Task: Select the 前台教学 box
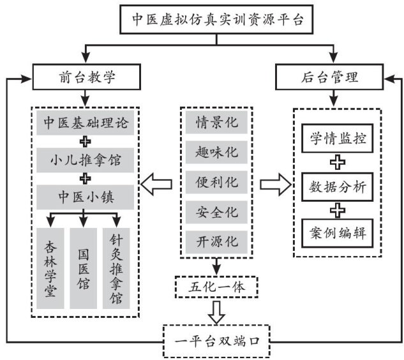(85, 79)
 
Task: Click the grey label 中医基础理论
(85, 122)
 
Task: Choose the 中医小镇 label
(85, 193)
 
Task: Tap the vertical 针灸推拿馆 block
(116, 268)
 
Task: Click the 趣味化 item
(216, 153)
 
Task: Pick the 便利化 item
(216, 182)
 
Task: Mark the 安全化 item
(216, 211)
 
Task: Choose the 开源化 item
(216, 241)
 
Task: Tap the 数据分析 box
(337, 186)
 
